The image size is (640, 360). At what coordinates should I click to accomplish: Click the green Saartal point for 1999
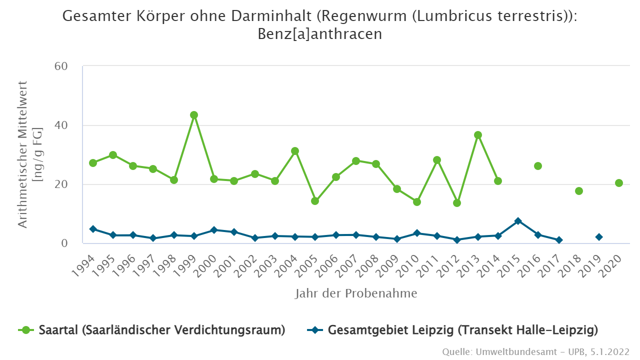click(194, 115)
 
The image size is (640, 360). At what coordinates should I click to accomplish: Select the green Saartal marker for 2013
click(477, 135)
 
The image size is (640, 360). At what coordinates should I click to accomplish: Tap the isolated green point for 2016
click(538, 166)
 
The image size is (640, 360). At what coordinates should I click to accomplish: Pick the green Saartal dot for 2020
click(619, 183)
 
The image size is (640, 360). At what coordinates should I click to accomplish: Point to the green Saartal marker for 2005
click(315, 201)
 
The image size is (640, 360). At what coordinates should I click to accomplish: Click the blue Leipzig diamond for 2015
click(518, 221)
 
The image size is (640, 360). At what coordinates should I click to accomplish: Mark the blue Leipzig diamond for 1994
click(93, 229)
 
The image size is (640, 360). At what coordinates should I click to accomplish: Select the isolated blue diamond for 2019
click(599, 237)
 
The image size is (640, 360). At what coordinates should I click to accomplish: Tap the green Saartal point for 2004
click(295, 151)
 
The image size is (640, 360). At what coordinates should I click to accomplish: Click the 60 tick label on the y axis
click(67, 66)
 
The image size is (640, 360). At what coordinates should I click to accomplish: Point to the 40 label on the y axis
click(67, 125)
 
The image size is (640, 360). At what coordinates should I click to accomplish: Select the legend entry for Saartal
click(152, 330)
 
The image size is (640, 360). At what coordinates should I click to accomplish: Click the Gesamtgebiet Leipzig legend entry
click(452, 330)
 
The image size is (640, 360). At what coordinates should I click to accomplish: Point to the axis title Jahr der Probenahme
click(356, 293)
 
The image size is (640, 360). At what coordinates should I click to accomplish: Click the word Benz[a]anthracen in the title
click(320, 34)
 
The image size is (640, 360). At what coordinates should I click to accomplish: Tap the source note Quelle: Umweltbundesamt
click(535, 352)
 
